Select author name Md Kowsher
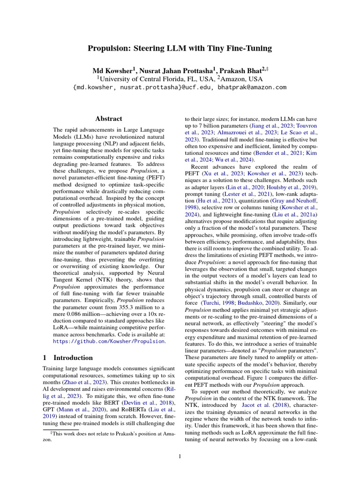click(x=112, y=70)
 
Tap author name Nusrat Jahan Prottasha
click(x=178, y=70)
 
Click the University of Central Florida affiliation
click(x=154, y=78)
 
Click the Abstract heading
click(x=108, y=119)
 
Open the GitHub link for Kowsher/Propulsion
click(x=109, y=342)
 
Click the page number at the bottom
click(x=180, y=456)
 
